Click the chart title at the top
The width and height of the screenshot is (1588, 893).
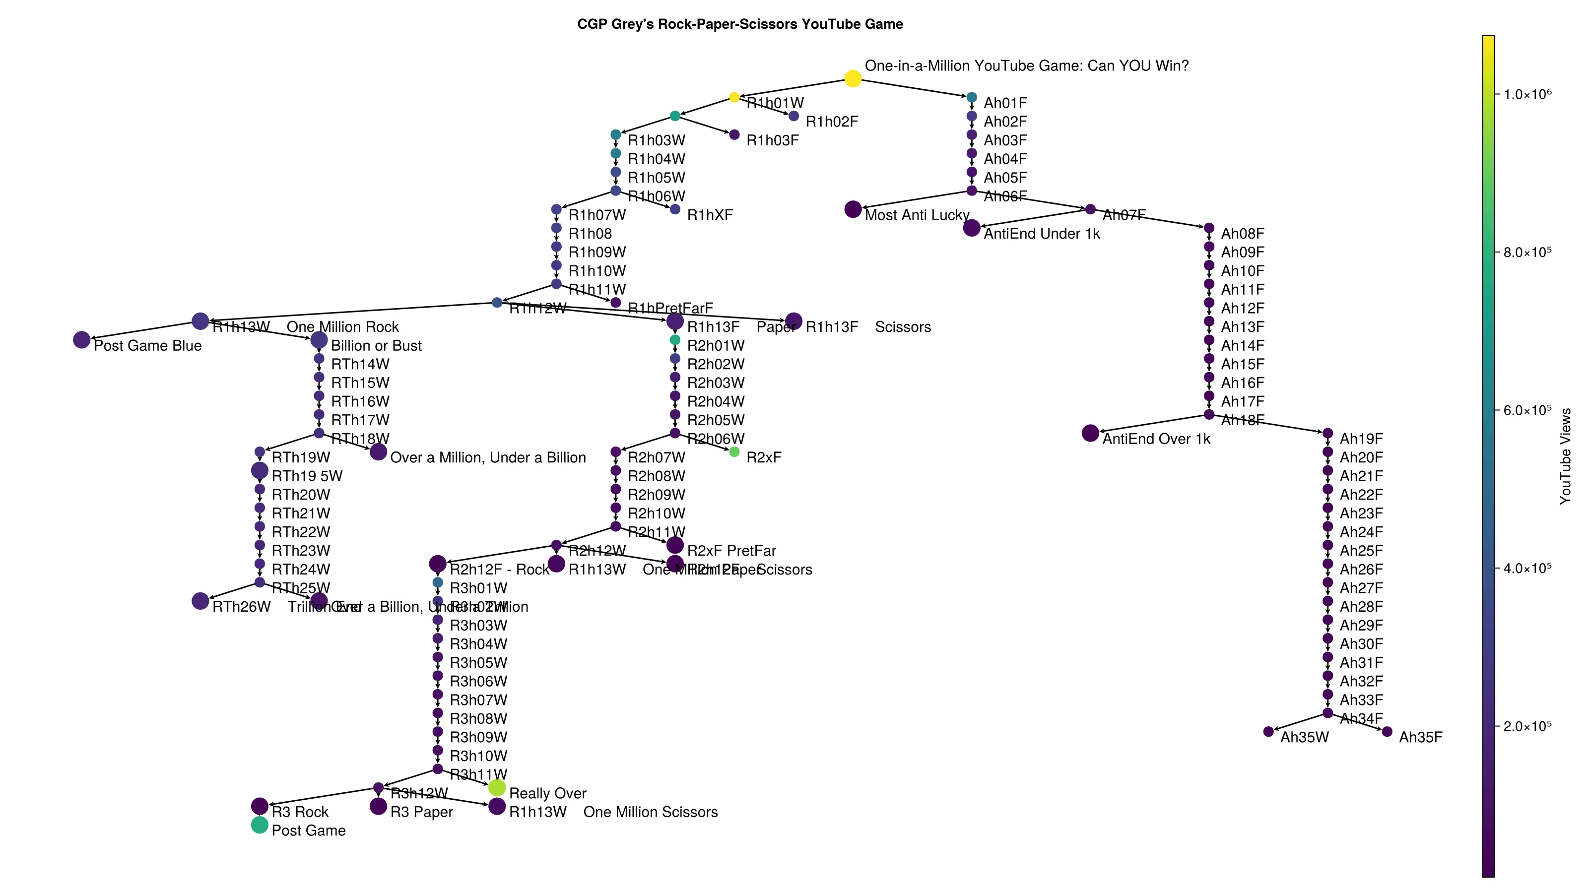pyautogui.click(x=740, y=24)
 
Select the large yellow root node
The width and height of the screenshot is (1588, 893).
pyautogui.click(x=853, y=78)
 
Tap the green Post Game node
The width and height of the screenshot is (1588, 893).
pyautogui.click(x=260, y=825)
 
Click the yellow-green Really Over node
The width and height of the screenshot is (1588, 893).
pyautogui.click(x=497, y=787)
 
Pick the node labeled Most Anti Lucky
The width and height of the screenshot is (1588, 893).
pyautogui.click(x=853, y=209)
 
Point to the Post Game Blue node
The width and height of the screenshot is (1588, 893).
pyautogui.click(x=81, y=339)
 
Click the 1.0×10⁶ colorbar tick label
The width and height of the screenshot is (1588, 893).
pyautogui.click(x=1527, y=94)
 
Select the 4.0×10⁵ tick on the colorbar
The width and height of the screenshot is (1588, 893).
pyautogui.click(x=1527, y=568)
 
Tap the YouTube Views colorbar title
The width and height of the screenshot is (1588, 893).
pyautogui.click(x=1565, y=456)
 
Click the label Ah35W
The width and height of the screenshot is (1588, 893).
pyautogui.click(x=1305, y=737)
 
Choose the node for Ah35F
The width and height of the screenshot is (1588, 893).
pyautogui.click(x=1387, y=732)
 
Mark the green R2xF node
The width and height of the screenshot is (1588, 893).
pyautogui.click(x=734, y=452)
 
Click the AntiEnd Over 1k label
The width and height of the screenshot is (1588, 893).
pyautogui.click(x=1156, y=439)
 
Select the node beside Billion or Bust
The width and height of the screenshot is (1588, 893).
pyautogui.click(x=319, y=339)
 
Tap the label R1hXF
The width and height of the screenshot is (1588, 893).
pyautogui.click(x=710, y=215)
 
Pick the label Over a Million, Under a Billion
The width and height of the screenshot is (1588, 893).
pyautogui.click(x=488, y=457)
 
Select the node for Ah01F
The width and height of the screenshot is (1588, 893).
pyautogui.click(x=972, y=97)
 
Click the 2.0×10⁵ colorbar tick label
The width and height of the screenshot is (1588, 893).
pyautogui.click(x=1527, y=726)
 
